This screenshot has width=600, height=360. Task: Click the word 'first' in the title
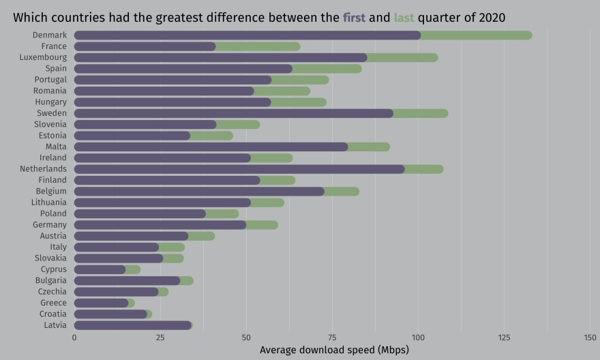[353, 17]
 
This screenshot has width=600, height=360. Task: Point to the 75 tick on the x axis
[332, 337]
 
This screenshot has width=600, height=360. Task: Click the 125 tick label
[505, 337]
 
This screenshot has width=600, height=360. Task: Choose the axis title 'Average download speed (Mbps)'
[333, 350]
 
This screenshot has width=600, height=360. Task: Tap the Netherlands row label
[43, 168]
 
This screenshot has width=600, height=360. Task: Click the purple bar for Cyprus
[100, 269]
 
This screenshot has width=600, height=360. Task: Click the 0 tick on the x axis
[74, 337]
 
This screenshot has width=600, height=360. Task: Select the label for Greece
[53, 303]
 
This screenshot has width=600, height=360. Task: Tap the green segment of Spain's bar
[327, 68]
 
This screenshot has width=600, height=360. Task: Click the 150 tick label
[590, 337]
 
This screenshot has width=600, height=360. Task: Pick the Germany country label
[50, 225]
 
